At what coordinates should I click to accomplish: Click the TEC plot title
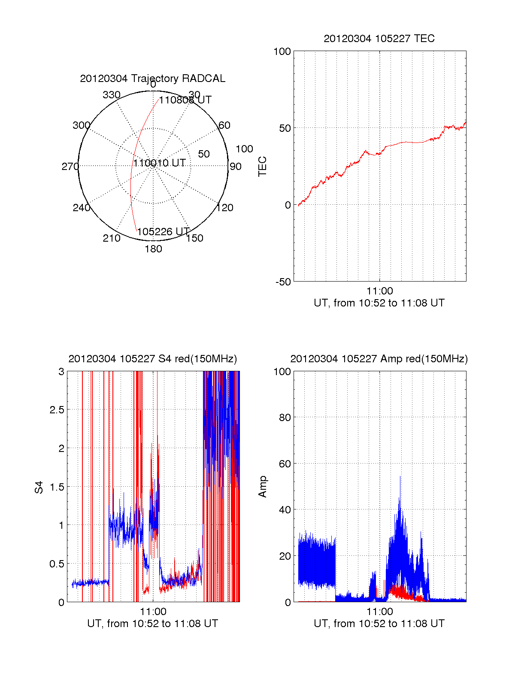(x=379, y=39)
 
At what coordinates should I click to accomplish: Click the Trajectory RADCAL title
(x=152, y=79)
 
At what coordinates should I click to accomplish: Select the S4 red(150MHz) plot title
(x=152, y=359)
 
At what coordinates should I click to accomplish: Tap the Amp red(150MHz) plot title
(x=379, y=359)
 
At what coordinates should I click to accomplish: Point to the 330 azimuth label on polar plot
(x=112, y=95)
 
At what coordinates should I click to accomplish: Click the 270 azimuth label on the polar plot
(x=70, y=167)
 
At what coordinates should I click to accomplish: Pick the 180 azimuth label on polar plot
(x=153, y=249)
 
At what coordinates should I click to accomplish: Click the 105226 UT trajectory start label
(x=163, y=232)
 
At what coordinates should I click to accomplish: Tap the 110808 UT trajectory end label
(x=185, y=100)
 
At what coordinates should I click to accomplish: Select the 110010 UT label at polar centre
(x=159, y=163)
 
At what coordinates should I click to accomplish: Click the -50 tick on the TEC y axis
(x=283, y=282)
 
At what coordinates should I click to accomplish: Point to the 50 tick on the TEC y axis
(x=285, y=128)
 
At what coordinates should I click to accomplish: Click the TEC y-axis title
(x=262, y=167)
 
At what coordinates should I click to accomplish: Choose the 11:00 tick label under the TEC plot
(x=380, y=291)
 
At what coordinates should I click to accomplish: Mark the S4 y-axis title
(x=39, y=487)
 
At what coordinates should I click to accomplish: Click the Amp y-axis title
(x=262, y=487)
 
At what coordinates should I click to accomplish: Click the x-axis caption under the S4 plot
(x=152, y=624)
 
